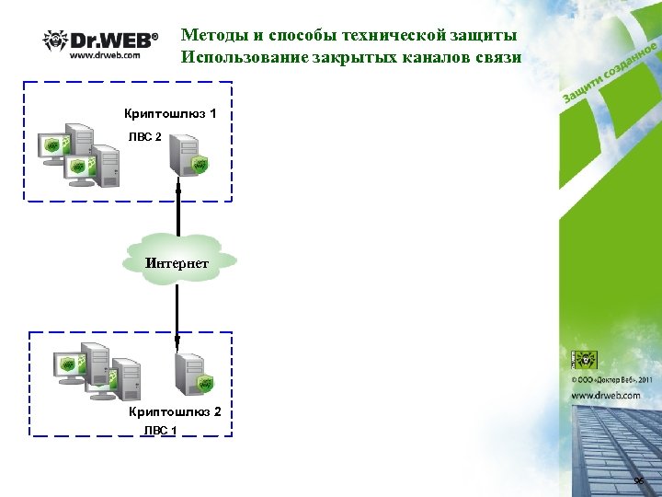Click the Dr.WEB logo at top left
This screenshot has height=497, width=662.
(x=100, y=40)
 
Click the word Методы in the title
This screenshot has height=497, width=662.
(x=217, y=35)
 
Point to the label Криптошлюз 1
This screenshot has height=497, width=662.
(x=170, y=114)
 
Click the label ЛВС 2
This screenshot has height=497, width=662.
(x=144, y=136)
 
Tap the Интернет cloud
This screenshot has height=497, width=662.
(x=177, y=263)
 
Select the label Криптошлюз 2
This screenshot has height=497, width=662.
(x=175, y=411)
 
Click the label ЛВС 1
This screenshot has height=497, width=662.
(x=159, y=430)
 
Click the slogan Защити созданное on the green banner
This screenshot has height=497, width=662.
(x=609, y=73)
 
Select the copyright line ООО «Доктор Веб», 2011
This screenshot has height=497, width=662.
(x=611, y=379)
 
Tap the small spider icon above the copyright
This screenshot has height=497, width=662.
(x=585, y=360)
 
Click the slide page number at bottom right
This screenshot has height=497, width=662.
(x=639, y=482)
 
